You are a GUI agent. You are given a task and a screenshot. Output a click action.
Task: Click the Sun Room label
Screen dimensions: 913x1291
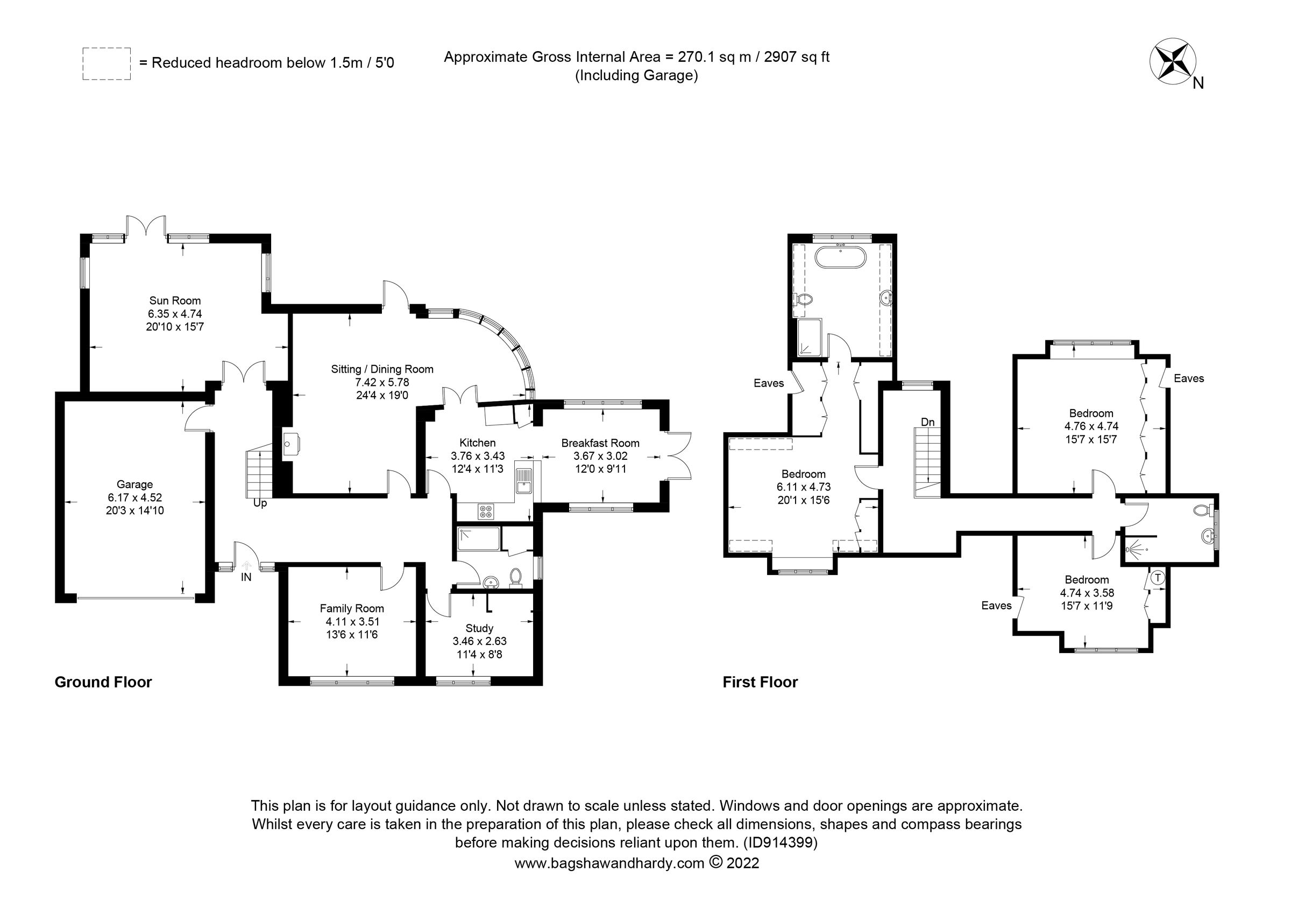tap(174, 300)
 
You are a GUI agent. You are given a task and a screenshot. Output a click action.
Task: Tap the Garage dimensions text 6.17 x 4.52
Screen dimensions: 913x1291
tap(134, 497)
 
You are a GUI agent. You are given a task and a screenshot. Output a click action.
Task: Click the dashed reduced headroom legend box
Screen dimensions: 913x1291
tap(107, 64)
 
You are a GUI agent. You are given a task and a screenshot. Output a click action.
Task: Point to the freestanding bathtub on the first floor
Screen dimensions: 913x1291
tap(841, 258)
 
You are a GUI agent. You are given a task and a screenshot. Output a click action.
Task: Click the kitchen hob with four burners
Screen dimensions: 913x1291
tap(485, 512)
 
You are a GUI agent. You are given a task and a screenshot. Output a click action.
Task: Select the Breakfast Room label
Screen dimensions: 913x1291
tap(600, 443)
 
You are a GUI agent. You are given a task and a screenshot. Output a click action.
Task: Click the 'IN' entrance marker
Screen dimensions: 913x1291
tap(246, 577)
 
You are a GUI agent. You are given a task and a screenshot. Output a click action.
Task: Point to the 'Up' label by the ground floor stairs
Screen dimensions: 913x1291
tap(260, 503)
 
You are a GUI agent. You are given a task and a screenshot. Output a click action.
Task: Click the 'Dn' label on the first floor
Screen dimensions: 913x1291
tap(928, 422)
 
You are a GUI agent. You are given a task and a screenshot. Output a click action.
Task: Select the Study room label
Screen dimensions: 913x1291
tap(479, 628)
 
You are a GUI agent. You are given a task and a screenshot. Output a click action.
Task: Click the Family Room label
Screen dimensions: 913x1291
tap(351, 608)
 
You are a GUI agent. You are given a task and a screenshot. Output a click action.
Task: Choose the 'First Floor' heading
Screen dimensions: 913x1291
tap(760, 683)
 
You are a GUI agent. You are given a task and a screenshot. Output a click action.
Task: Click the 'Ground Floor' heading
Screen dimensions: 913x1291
tap(103, 683)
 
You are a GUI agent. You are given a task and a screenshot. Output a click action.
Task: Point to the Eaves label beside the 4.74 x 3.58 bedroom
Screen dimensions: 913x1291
tap(996, 605)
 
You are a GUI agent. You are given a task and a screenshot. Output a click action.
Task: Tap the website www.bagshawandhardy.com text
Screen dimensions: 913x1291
tap(609, 863)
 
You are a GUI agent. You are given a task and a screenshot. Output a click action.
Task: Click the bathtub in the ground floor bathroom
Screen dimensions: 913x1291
tap(479, 538)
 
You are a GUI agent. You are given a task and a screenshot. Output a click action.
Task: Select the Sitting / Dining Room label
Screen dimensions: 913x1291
tap(382, 369)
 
